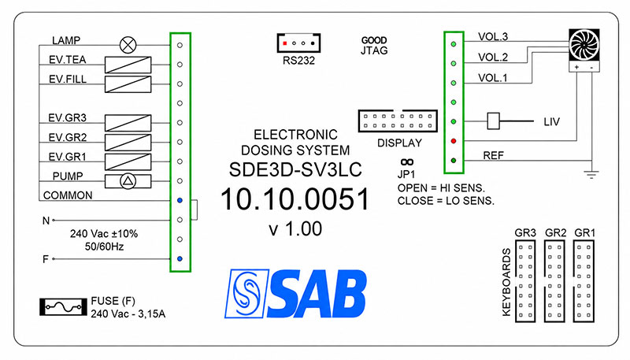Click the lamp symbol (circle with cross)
click(128, 45)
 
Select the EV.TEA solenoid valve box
click(128, 65)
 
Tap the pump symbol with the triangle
click(128, 181)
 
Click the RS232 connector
click(298, 43)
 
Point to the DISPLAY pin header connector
click(398, 121)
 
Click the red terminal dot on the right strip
click(454, 141)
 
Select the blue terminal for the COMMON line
click(180, 200)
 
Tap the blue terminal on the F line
click(180, 258)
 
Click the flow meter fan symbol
click(584, 45)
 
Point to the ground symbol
click(591, 174)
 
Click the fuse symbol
click(63, 307)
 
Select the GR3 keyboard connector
click(525, 281)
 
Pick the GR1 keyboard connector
click(584, 281)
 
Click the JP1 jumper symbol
click(407, 162)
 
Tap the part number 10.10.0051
click(295, 199)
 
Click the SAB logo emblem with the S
click(246, 294)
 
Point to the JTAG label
click(374, 50)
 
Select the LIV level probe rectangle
click(493, 121)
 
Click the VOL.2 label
click(493, 57)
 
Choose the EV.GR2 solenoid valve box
click(128, 143)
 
